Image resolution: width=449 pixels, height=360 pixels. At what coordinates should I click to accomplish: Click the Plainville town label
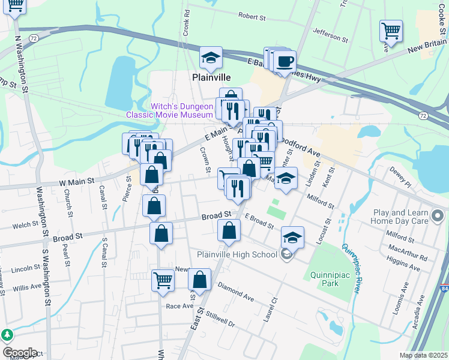(x=211, y=77)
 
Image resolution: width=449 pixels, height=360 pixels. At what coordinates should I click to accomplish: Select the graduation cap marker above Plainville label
(x=211, y=58)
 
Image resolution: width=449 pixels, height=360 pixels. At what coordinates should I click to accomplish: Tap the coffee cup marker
(x=285, y=61)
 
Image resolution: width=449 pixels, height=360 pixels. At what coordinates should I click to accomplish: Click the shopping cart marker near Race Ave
(x=163, y=280)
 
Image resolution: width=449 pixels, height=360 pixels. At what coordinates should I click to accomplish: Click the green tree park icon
(x=7, y=335)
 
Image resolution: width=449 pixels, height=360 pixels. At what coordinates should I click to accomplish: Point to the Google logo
(x=19, y=353)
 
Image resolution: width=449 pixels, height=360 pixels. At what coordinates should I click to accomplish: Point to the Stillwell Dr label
(x=220, y=315)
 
